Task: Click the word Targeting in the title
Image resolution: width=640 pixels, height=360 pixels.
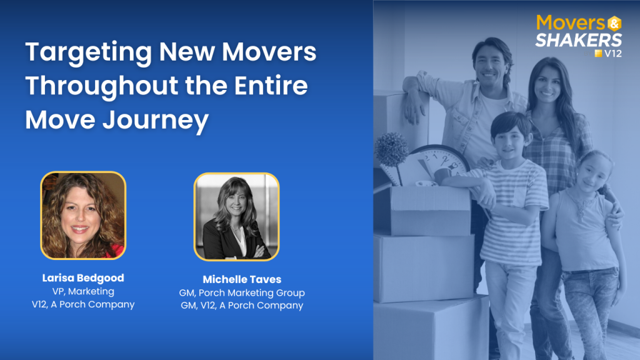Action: (89, 53)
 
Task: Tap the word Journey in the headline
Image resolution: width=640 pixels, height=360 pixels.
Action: (156, 121)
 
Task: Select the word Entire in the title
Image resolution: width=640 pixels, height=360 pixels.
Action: (271, 85)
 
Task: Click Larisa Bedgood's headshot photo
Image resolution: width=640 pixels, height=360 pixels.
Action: (83, 215)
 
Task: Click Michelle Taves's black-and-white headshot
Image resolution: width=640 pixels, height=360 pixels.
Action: (237, 217)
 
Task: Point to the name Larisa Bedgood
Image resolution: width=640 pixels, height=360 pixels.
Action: (83, 278)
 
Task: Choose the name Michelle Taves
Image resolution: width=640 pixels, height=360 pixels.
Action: (242, 279)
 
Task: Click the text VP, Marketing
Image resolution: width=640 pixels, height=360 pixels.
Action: (83, 291)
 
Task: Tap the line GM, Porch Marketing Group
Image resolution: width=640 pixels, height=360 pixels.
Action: (242, 292)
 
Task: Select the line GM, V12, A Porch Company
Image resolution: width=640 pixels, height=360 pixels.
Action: (242, 305)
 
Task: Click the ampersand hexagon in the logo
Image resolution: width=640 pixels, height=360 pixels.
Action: (614, 23)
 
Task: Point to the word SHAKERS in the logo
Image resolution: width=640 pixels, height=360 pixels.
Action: (578, 40)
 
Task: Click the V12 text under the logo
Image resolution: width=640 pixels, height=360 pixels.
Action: (613, 54)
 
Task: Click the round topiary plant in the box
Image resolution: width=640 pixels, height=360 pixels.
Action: (391, 149)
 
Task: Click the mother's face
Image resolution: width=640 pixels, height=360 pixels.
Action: (547, 85)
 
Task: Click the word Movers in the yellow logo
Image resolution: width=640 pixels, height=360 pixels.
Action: (571, 23)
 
